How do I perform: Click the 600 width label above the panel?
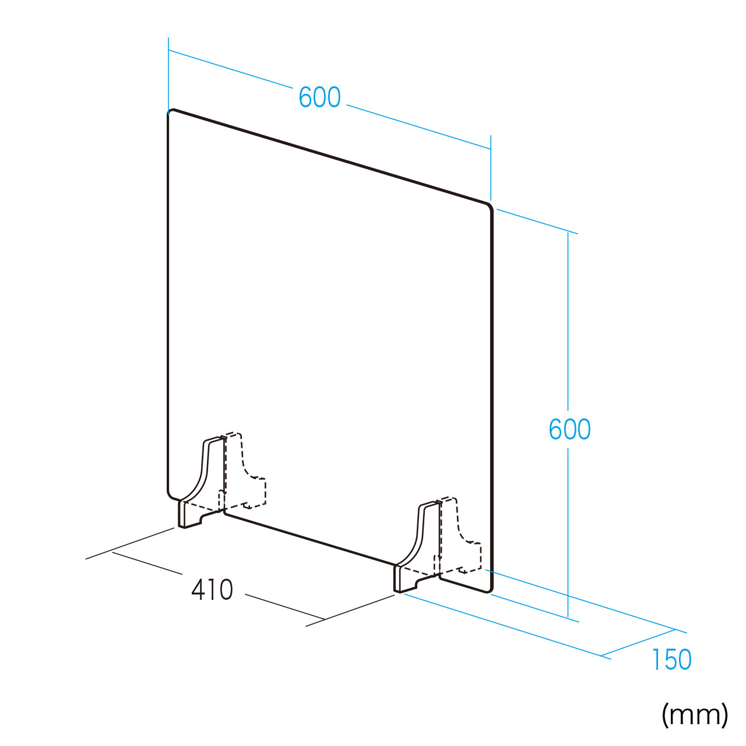[x=319, y=97]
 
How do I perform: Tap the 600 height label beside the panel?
[x=569, y=429]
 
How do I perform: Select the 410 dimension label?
[x=212, y=590]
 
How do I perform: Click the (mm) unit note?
[x=695, y=716]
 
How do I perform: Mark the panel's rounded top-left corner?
[x=170, y=112]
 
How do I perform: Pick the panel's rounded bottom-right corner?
[x=490, y=590]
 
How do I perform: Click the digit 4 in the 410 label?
[x=198, y=590]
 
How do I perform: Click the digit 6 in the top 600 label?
[x=305, y=97]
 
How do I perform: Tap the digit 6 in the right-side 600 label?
[x=555, y=429]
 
